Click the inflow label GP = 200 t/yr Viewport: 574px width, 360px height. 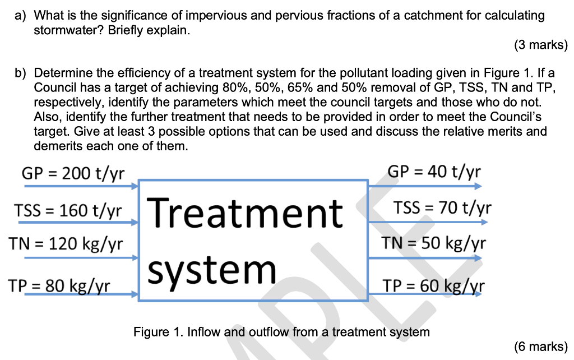[73, 172]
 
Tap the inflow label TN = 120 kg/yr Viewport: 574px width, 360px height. [66, 244]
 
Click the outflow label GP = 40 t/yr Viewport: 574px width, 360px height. [434, 171]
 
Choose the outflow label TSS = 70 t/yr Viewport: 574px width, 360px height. [442, 209]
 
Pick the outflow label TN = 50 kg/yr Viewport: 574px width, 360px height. [433, 243]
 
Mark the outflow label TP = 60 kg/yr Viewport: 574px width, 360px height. [434, 286]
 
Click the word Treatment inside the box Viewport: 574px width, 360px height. [247, 213]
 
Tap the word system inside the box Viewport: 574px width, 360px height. [213, 270]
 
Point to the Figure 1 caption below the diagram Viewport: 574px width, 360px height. [281, 332]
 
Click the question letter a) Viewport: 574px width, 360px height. [21, 15]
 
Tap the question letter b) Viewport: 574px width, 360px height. [21, 73]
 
